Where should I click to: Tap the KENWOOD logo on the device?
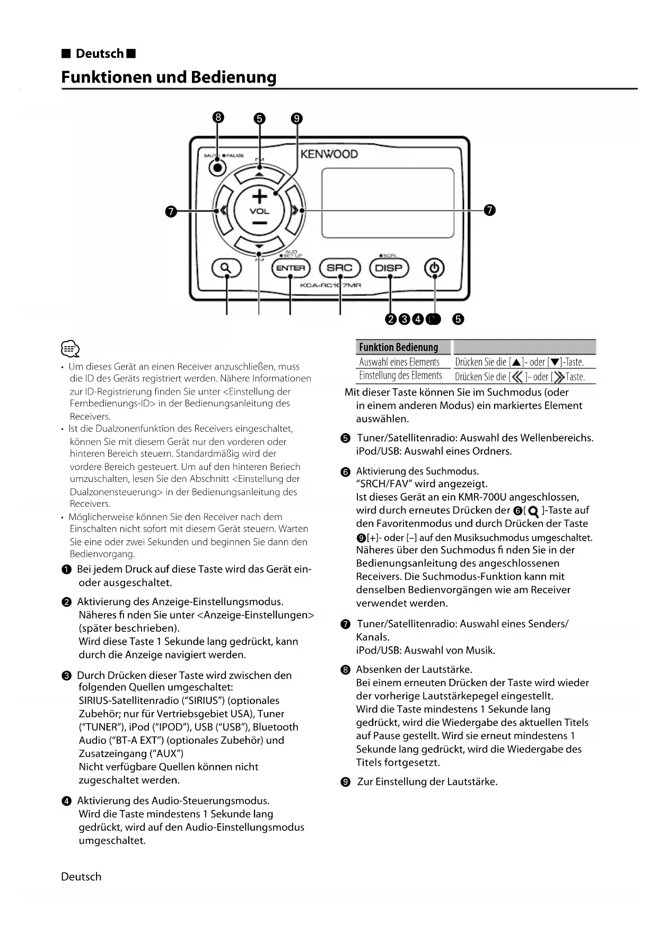pyautogui.click(x=329, y=154)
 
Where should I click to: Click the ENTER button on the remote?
pyautogui.click(x=290, y=268)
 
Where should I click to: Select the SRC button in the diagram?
pyautogui.click(x=339, y=268)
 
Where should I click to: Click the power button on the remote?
pyautogui.click(x=434, y=268)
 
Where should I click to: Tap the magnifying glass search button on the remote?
pyautogui.click(x=226, y=268)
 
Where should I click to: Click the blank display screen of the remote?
pyautogui.click(x=388, y=203)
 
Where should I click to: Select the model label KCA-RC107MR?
pyautogui.click(x=330, y=285)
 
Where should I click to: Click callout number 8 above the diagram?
pyautogui.click(x=217, y=118)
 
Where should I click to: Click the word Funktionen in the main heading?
pyautogui.click(x=106, y=77)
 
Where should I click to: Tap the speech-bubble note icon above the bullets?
pyautogui.click(x=71, y=349)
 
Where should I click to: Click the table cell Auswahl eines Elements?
pyautogui.click(x=399, y=362)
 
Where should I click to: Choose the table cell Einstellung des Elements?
pyautogui.click(x=400, y=376)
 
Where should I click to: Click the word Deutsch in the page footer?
pyautogui.click(x=81, y=877)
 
